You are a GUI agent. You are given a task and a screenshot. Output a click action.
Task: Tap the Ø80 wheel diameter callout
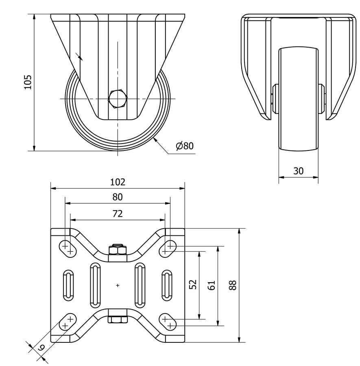(x=185, y=146)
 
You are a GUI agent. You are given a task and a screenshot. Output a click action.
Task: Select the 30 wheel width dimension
(x=299, y=171)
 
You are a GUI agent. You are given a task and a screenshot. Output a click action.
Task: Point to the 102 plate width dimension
(x=118, y=182)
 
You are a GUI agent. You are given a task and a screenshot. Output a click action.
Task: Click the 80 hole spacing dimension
(x=118, y=197)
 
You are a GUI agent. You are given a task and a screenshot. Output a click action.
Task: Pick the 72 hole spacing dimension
(x=118, y=213)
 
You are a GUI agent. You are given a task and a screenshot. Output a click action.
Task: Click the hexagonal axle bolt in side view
(x=118, y=99)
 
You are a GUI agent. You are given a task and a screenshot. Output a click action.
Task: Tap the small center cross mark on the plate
(x=118, y=285)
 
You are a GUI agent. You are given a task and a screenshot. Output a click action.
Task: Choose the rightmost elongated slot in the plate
(x=167, y=285)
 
